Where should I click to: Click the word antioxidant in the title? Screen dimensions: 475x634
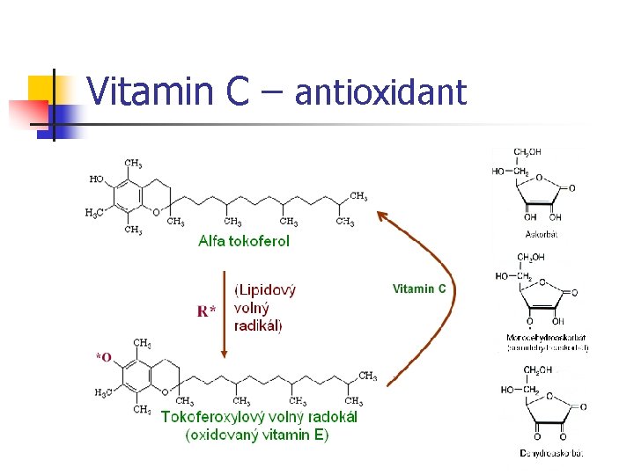380,91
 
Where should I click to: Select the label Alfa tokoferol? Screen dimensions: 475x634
244,240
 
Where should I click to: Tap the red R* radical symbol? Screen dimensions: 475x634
207,311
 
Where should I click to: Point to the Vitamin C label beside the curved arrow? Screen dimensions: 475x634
419,289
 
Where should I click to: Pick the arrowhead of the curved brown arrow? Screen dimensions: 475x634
380,214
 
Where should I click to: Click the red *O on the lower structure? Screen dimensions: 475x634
104,357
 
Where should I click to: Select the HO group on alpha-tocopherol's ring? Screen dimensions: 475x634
96,179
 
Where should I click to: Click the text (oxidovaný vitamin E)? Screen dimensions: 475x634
256,435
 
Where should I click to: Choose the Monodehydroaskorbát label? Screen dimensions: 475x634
546,337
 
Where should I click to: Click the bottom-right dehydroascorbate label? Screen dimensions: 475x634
551,453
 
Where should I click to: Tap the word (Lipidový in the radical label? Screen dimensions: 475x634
265,289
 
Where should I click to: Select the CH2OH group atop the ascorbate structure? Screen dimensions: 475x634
527,152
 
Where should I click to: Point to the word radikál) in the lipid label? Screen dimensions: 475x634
259,325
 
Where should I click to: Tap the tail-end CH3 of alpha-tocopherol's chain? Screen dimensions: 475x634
358,195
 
